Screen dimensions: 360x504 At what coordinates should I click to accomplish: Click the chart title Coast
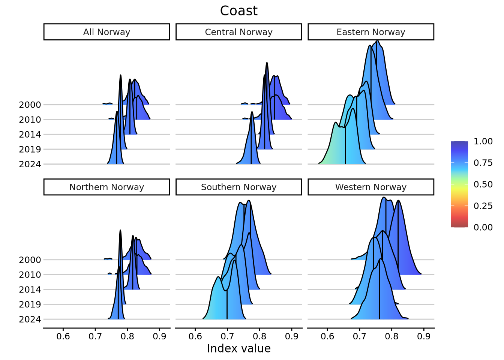[238, 11]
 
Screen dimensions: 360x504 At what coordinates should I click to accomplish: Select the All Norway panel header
[106, 32]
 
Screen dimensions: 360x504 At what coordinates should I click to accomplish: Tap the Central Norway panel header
[238, 32]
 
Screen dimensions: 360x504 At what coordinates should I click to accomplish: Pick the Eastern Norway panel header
[370, 32]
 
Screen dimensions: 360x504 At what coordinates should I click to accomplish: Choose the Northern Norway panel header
[106, 187]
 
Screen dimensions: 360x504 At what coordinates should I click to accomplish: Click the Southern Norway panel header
[238, 187]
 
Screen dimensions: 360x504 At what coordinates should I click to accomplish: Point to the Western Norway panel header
[370, 187]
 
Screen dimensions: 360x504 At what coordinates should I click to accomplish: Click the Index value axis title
[238, 349]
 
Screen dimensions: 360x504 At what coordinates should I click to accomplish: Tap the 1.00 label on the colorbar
[483, 141]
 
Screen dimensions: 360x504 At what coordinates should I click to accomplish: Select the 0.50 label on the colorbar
[483, 184]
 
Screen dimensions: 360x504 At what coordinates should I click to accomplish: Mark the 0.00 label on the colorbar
[483, 227]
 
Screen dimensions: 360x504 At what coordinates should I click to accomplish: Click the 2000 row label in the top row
[30, 105]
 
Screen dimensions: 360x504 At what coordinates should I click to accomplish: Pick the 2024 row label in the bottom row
[30, 319]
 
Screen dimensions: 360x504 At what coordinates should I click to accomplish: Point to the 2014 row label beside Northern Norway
[30, 289]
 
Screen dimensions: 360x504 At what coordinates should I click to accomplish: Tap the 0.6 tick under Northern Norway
[63, 336]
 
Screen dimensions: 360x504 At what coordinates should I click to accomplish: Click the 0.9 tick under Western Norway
[424, 336]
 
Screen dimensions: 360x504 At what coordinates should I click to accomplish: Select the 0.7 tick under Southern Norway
[227, 336]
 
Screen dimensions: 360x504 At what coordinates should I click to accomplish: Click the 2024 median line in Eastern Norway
[345, 150]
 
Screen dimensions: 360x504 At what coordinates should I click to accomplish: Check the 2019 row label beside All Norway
[30, 149]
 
